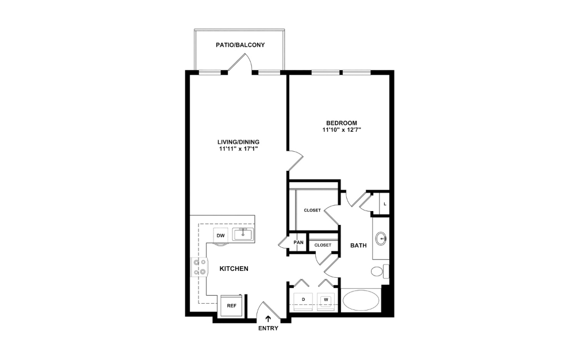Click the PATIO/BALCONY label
(x=240, y=45)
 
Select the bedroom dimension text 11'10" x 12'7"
(x=342, y=130)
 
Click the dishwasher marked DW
(x=220, y=236)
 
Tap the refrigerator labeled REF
(x=231, y=305)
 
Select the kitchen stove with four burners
(x=200, y=267)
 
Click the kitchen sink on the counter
(x=243, y=234)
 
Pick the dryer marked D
(x=303, y=300)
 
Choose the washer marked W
(x=326, y=300)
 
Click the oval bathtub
(x=361, y=300)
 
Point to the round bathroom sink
(x=381, y=238)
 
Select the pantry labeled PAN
(x=298, y=242)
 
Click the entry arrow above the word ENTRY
(x=268, y=319)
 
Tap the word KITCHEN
(x=234, y=269)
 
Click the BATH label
(x=358, y=246)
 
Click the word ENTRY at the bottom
(x=268, y=328)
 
